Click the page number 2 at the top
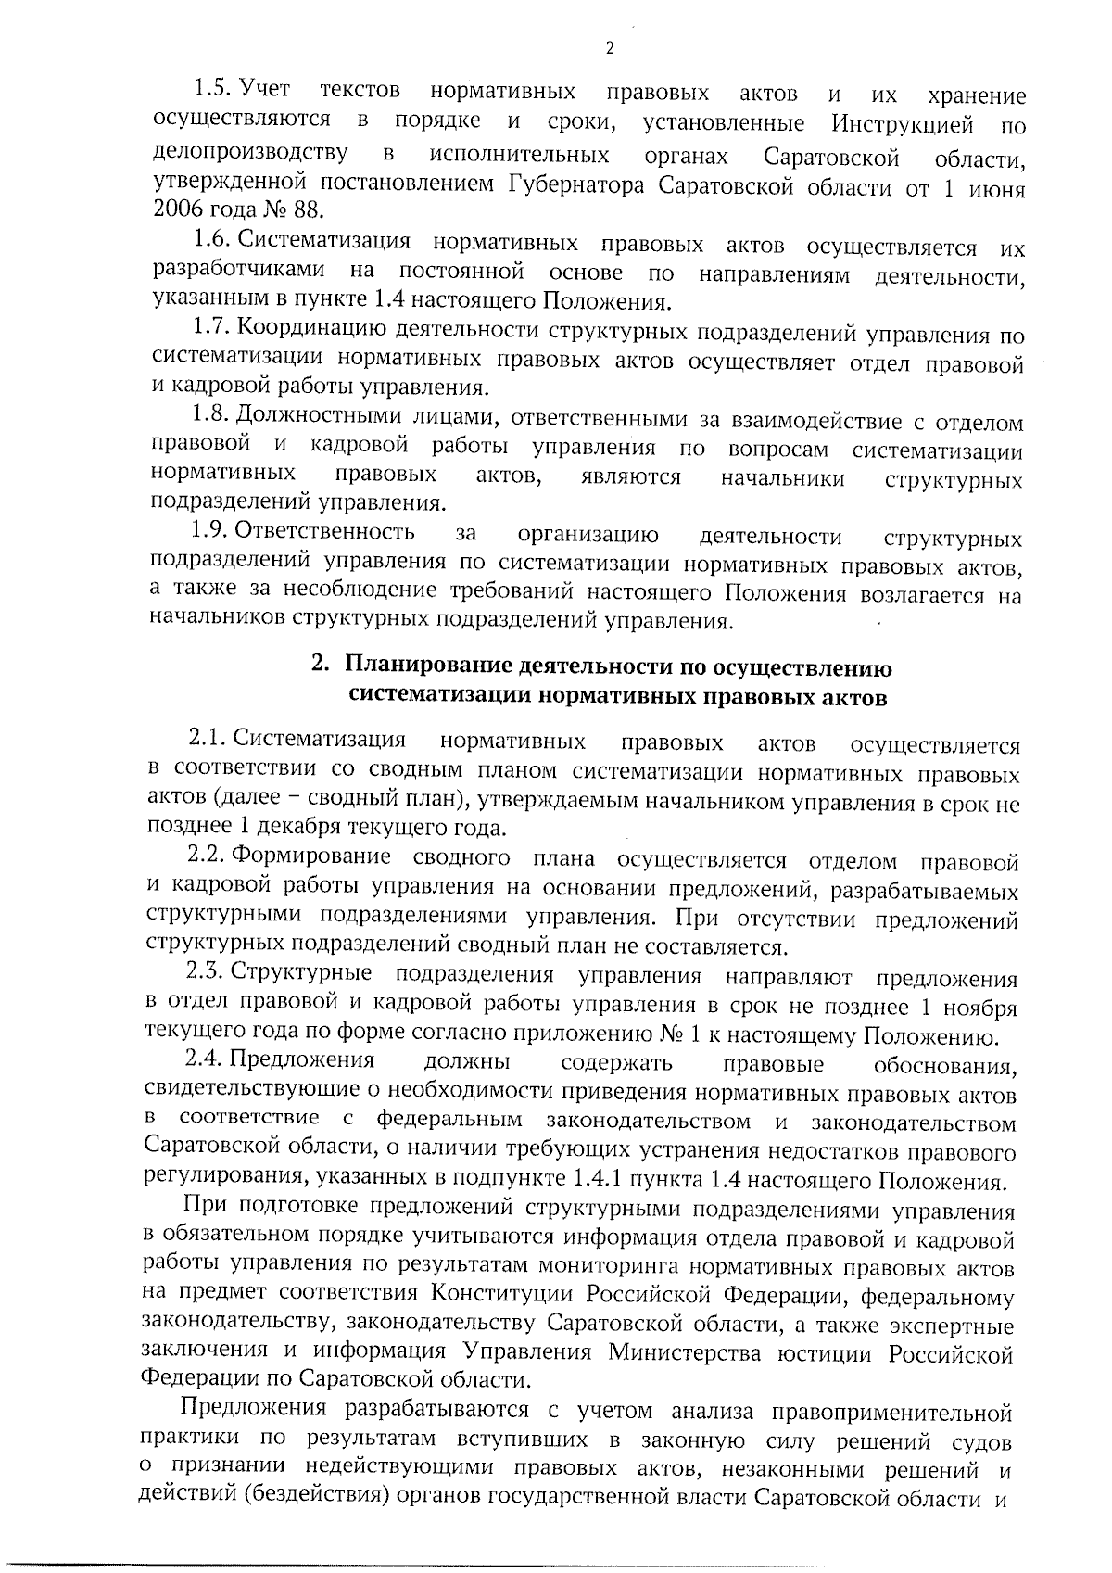tap(610, 49)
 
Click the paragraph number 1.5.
tap(212, 90)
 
